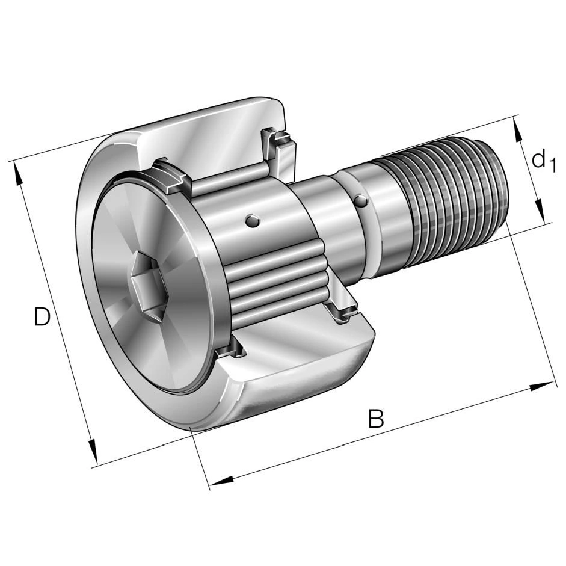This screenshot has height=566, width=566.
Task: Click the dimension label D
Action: [42, 316]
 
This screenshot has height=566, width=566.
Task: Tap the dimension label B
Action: [376, 418]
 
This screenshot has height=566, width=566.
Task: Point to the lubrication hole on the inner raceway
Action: [251, 221]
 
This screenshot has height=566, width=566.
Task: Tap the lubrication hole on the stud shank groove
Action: [361, 201]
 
